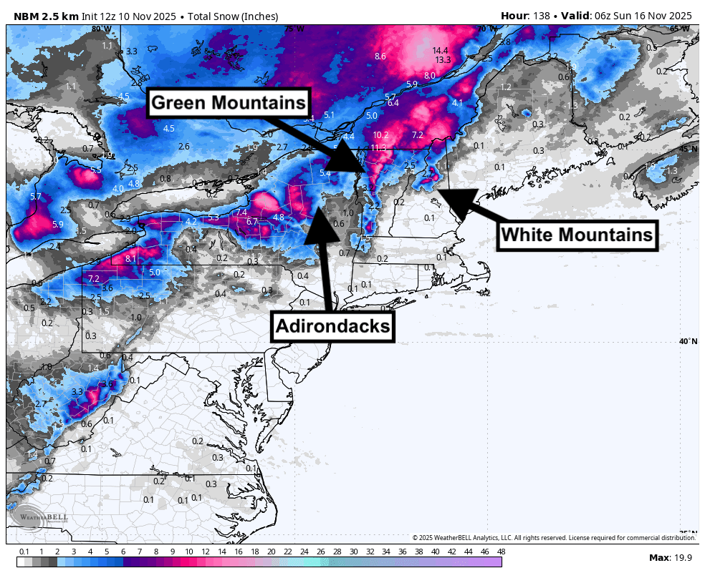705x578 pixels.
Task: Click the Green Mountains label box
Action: (x=229, y=103)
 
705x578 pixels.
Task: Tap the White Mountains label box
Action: (x=577, y=234)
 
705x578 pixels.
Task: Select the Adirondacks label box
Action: (x=332, y=327)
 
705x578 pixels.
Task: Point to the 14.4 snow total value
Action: (x=440, y=51)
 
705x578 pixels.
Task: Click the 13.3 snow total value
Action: (x=443, y=60)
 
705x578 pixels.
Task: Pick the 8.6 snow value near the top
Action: (x=380, y=57)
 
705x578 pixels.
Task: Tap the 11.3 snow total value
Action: (x=378, y=148)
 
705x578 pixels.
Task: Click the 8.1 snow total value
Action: (x=130, y=259)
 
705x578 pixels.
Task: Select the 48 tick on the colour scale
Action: (x=501, y=552)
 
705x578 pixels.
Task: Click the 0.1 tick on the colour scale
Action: (x=24, y=552)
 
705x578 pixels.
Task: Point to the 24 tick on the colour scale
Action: (x=304, y=552)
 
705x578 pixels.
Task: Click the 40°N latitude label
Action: (x=688, y=341)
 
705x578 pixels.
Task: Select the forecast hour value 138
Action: (x=544, y=16)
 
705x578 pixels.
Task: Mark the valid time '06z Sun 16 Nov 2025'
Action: (x=641, y=16)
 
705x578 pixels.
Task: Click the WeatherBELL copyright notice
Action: (x=553, y=537)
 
